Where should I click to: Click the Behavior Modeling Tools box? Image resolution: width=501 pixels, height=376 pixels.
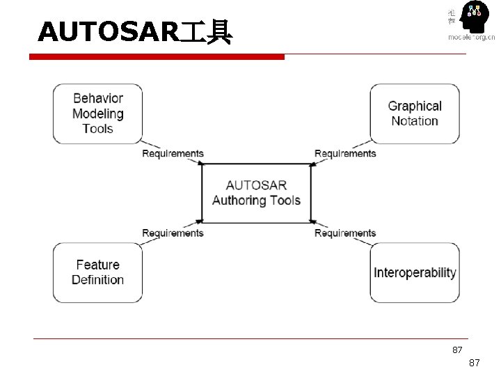tap(97, 113)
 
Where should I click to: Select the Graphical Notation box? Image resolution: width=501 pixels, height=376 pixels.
tap(415, 113)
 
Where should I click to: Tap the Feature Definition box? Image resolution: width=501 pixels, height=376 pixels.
tap(97, 272)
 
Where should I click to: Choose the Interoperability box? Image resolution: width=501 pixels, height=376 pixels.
tap(415, 272)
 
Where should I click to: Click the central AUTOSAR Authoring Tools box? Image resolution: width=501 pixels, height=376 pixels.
tap(256, 193)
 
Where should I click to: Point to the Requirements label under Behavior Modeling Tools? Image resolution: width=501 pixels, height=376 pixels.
tap(173, 153)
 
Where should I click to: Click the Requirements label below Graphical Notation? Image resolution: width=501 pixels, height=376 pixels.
tap(345, 153)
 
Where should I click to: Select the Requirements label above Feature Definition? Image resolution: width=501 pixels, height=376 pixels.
tap(173, 233)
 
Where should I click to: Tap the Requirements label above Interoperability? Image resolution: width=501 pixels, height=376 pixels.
tap(345, 233)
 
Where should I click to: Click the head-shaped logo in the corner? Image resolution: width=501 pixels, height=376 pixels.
tap(473, 19)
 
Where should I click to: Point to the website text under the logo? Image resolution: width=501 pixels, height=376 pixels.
tap(471, 38)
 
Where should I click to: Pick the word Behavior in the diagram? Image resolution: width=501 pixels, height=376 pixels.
tap(98, 99)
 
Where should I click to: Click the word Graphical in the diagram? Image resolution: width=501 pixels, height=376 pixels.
tap(415, 106)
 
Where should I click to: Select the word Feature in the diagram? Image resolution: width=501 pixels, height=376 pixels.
tap(97, 265)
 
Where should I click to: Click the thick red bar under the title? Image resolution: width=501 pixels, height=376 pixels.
tap(160, 56)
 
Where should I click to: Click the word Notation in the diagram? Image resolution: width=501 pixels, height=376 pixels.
tap(415, 121)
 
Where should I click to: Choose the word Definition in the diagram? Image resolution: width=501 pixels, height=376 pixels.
tap(97, 280)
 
